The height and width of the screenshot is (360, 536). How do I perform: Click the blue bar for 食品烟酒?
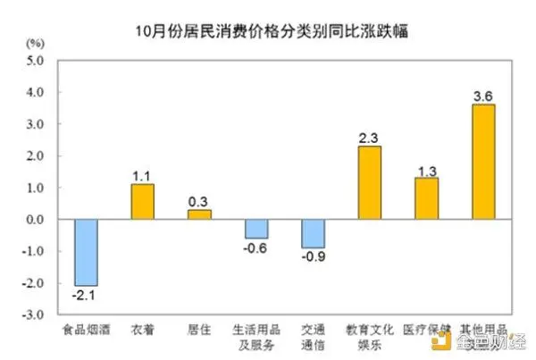click(86, 252)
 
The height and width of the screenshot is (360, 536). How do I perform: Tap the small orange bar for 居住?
click(199, 214)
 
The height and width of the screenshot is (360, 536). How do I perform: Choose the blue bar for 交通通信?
click(313, 233)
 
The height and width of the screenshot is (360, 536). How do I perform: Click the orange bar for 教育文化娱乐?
click(370, 182)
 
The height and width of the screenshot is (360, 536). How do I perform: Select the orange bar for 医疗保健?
click(426, 198)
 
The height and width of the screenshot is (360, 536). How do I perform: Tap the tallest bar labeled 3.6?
click(483, 162)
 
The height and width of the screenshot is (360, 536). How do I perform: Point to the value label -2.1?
click(86, 295)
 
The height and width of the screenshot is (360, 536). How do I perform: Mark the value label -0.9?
click(313, 257)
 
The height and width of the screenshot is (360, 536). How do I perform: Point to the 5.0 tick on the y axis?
click(36, 61)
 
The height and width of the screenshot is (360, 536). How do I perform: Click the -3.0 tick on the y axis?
click(34, 315)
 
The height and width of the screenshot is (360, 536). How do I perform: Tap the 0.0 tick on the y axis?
click(36, 220)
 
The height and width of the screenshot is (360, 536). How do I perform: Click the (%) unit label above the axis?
click(35, 43)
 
